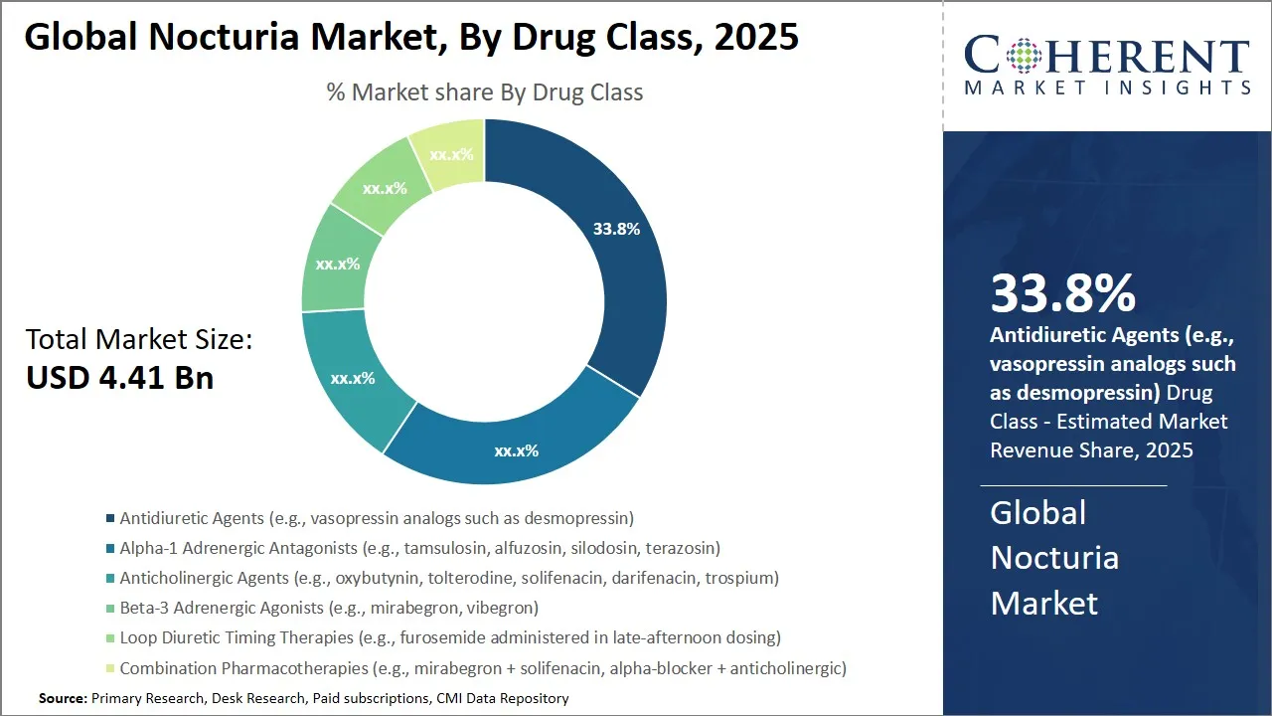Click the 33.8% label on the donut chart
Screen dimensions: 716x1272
click(x=616, y=229)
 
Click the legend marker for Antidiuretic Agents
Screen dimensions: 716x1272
click(x=109, y=518)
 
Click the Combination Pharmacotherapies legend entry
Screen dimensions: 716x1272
click(x=483, y=667)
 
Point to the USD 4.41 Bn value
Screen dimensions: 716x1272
click(x=119, y=378)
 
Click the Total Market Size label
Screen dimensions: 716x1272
click(x=139, y=340)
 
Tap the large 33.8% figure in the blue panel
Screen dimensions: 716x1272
click(x=1062, y=293)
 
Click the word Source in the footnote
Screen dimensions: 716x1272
click(x=63, y=699)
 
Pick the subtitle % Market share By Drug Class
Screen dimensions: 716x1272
click(x=485, y=92)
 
